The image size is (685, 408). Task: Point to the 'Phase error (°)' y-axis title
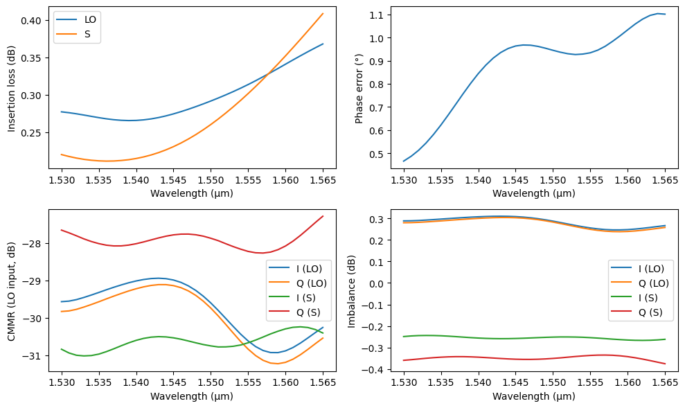(x=359, y=87)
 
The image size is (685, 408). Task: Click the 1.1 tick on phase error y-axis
(x=379, y=15)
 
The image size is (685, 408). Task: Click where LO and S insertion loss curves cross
(x=268, y=73)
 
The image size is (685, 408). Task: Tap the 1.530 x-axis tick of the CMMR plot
(x=62, y=382)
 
